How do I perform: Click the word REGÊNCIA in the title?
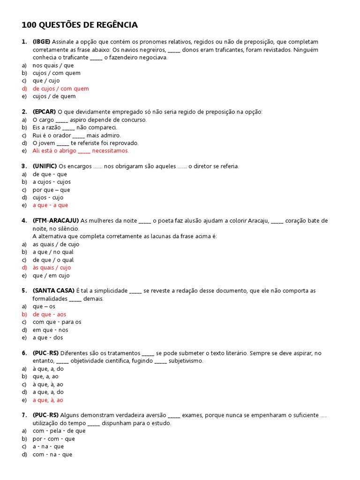pyautogui.click(x=116, y=25)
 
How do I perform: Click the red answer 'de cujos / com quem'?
pyautogui.click(x=60, y=89)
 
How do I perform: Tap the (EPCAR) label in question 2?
pyautogui.click(x=44, y=112)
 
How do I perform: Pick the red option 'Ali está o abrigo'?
pyautogui.click(x=81, y=151)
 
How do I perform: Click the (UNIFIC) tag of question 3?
pyautogui.click(x=45, y=166)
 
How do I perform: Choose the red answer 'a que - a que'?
pyautogui.click(x=50, y=205)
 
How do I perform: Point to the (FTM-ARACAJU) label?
pyautogui.click(x=56, y=221)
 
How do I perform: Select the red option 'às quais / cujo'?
pyautogui.click(x=52, y=268)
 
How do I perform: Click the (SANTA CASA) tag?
pyautogui.click(x=53, y=291)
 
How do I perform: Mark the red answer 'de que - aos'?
pyautogui.click(x=49, y=314)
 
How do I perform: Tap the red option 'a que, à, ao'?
pyautogui.click(x=48, y=400)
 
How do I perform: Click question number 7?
pyautogui.click(x=24, y=415)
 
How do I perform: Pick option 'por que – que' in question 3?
pyautogui.click(x=51, y=190)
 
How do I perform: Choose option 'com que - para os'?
pyautogui.click(x=57, y=322)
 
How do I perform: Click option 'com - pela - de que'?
pyautogui.click(x=59, y=431)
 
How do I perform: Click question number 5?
pyautogui.click(x=24, y=291)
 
